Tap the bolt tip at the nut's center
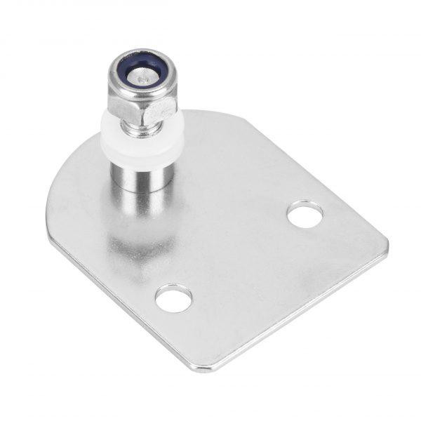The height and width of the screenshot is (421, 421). (142, 79)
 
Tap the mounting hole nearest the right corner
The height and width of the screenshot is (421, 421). (305, 214)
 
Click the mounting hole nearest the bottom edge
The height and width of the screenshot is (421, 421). (173, 299)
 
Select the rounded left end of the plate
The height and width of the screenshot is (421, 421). (56, 210)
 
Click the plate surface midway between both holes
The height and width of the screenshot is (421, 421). (239, 257)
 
